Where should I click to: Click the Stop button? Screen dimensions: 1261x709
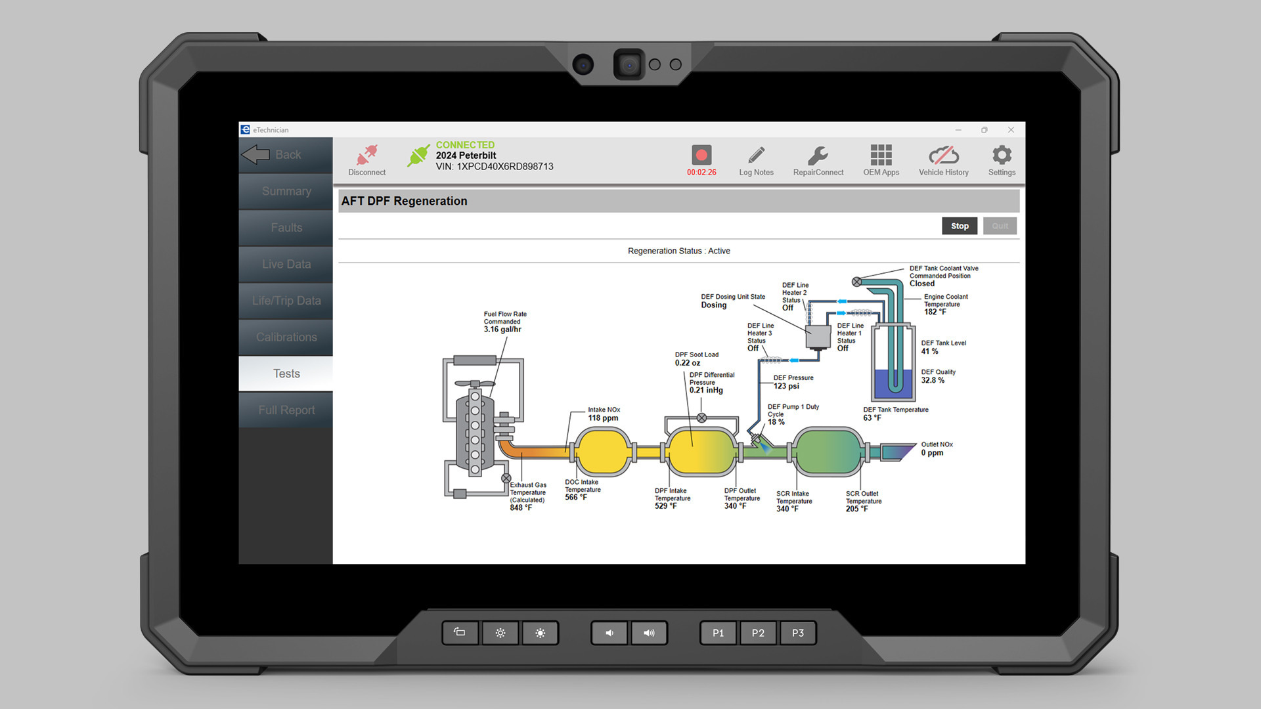coord(960,226)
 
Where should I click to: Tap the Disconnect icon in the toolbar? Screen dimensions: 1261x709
coord(366,155)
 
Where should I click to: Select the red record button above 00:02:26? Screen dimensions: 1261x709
coord(701,155)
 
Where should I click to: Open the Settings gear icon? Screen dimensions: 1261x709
coord(1002,155)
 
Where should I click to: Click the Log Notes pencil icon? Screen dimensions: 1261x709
coord(757,155)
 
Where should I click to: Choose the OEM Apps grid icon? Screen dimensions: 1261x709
coord(881,155)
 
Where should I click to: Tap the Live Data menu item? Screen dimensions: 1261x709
coord(286,264)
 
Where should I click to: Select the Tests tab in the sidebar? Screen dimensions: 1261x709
coord(286,374)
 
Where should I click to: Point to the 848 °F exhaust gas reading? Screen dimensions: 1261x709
coord(521,508)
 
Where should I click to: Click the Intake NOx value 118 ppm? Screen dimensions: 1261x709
coord(603,418)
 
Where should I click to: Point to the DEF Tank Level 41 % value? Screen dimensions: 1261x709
coord(929,351)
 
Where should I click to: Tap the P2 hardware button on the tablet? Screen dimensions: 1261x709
coord(758,633)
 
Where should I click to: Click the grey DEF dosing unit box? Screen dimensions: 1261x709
coord(818,337)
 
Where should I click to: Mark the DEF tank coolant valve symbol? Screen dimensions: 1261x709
coord(856,282)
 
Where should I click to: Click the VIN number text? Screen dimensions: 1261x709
coord(495,167)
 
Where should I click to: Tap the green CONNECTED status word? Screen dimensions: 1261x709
coord(465,144)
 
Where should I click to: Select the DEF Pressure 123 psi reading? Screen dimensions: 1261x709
coord(786,386)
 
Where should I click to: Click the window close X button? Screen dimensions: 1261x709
coord(1011,130)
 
